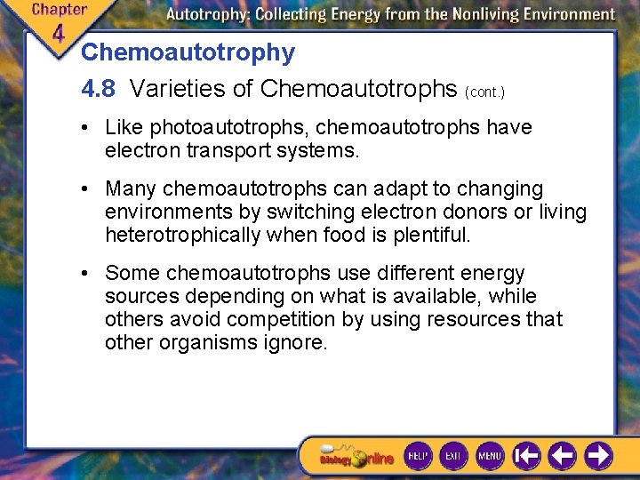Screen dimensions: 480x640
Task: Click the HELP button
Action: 418,456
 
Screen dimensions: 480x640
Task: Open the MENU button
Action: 489,456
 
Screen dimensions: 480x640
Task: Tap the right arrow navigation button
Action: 598,456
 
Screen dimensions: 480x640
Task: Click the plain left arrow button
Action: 562,456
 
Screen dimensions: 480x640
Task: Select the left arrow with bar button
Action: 526,456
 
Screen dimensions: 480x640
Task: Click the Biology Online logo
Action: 356,457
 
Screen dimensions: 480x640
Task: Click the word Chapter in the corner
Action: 60,10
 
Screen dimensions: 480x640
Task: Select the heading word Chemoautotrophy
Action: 188,52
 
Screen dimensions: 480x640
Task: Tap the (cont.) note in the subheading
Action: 484,92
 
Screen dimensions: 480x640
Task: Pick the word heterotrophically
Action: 183,236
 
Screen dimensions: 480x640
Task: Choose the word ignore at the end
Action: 298,342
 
